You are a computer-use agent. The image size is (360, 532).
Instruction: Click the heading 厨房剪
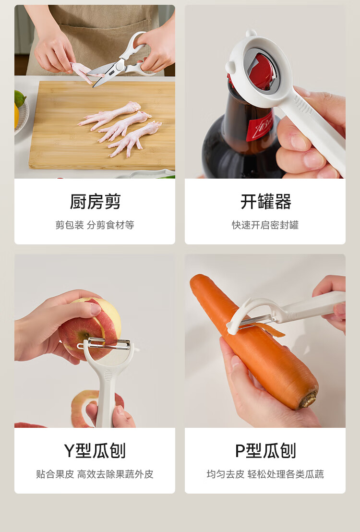tap(95, 202)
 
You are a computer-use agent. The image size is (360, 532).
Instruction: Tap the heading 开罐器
tap(265, 202)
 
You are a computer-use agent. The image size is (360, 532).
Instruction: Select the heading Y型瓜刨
tap(95, 450)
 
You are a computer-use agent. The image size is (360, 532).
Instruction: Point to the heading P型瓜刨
tap(265, 450)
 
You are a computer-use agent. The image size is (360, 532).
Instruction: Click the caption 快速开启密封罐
tap(265, 225)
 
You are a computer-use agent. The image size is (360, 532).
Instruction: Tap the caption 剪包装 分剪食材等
tap(95, 225)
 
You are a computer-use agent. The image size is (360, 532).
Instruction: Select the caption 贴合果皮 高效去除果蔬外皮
tap(95, 474)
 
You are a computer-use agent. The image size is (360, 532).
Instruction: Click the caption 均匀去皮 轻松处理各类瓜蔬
tap(265, 474)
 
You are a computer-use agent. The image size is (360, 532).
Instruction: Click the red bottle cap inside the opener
tap(261, 71)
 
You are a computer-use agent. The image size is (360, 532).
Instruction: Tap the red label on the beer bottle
tap(261, 127)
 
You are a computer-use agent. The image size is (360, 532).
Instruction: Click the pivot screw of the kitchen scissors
tap(120, 66)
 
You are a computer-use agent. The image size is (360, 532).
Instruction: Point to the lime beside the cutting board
tap(20, 98)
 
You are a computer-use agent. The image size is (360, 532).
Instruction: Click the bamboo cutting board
tap(102, 125)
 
